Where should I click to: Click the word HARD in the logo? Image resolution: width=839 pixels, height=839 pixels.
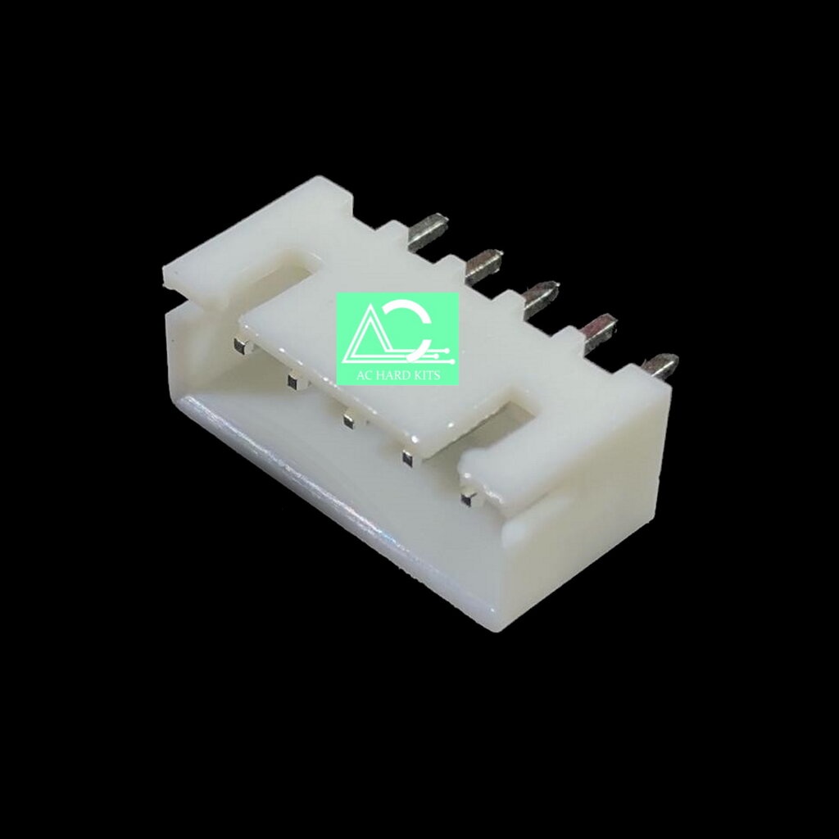coord(398,374)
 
